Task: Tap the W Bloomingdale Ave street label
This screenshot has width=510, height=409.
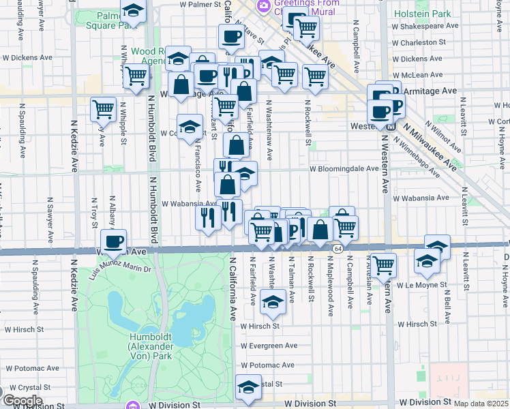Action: (344, 168)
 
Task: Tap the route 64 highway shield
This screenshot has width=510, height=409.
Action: (337, 249)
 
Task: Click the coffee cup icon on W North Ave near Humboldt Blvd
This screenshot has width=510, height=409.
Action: (113, 240)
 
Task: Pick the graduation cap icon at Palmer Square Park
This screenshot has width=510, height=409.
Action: (134, 11)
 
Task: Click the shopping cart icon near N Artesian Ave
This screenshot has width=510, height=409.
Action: (384, 263)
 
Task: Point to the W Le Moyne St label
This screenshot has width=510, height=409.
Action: (422, 285)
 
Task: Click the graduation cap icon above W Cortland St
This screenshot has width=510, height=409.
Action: (190, 125)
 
